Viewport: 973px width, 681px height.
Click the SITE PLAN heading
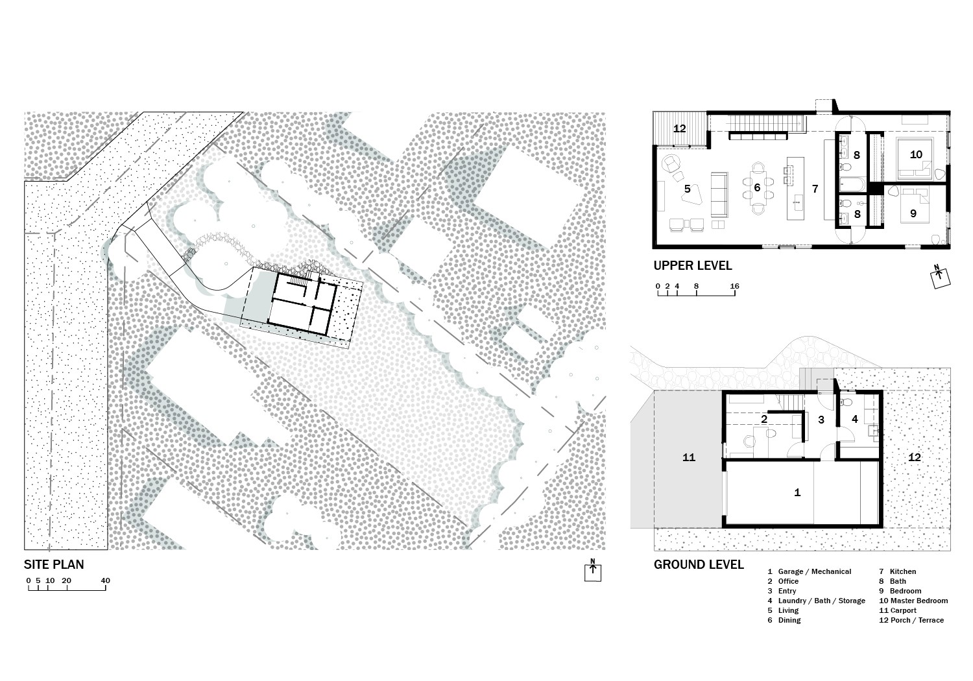click(x=54, y=564)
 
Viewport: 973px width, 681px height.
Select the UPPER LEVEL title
click(x=692, y=265)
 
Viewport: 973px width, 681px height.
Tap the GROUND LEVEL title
click(x=699, y=565)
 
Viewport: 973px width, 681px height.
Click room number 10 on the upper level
click(x=916, y=154)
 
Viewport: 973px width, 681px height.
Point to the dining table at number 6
click(x=758, y=188)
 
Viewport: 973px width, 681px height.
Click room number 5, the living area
click(x=687, y=189)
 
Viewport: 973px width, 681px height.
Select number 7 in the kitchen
click(x=815, y=189)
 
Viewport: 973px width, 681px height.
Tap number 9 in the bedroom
click(x=913, y=213)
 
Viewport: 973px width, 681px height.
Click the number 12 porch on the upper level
click(x=679, y=128)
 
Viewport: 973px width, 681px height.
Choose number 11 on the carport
click(x=689, y=457)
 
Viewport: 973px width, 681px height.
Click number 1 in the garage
click(x=797, y=492)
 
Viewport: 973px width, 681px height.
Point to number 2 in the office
click(x=764, y=419)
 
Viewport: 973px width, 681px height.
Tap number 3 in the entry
click(x=821, y=420)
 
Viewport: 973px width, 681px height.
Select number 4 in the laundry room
click(x=855, y=419)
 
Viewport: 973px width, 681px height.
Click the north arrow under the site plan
click(x=592, y=570)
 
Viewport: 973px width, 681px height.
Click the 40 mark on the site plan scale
click(x=106, y=580)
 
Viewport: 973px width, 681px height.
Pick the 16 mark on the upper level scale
click(x=734, y=286)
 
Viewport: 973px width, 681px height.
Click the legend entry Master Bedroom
click(x=919, y=601)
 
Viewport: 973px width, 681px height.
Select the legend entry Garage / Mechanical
click(x=815, y=571)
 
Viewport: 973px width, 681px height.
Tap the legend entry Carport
click(x=904, y=611)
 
